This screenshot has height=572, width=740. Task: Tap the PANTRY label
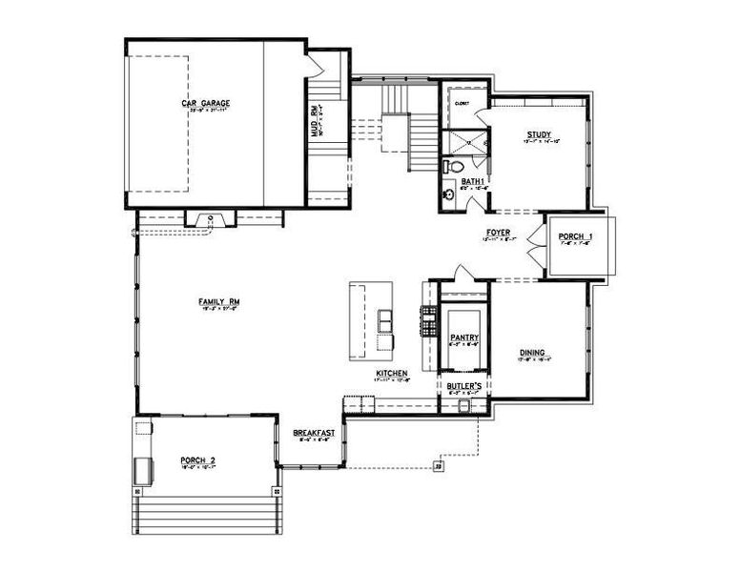click(x=463, y=337)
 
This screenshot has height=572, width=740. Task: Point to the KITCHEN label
click(x=392, y=372)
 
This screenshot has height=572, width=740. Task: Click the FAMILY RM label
click(x=218, y=302)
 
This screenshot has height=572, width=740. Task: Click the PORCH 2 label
click(x=197, y=461)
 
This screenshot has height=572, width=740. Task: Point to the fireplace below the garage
click(x=211, y=221)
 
